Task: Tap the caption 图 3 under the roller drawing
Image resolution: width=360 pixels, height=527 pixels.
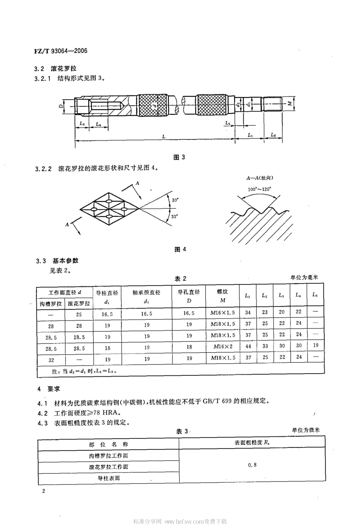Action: pyautogui.click(x=179, y=157)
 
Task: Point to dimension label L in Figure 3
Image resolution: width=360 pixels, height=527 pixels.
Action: pyautogui.click(x=164, y=136)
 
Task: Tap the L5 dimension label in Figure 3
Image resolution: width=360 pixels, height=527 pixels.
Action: pyautogui.click(x=227, y=123)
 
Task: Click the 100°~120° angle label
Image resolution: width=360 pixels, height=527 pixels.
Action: pyautogui.click(x=259, y=189)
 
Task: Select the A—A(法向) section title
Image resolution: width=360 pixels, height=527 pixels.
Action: pyautogui.click(x=260, y=178)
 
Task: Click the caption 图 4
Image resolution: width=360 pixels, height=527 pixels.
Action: pyautogui.click(x=180, y=249)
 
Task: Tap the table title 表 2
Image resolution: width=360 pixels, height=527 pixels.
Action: pyautogui.click(x=180, y=278)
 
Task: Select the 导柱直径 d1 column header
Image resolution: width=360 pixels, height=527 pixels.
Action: pyautogui.click(x=107, y=297)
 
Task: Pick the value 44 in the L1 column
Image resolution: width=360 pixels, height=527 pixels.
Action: pyautogui.click(x=248, y=346)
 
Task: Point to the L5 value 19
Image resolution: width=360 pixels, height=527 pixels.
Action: pyautogui.click(x=316, y=346)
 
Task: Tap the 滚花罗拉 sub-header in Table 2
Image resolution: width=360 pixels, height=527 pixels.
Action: pyautogui.click(x=79, y=303)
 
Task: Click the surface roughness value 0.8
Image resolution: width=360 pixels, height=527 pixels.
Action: pyautogui.click(x=252, y=465)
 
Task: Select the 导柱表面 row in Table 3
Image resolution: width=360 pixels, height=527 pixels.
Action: pyautogui.click(x=109, y=478)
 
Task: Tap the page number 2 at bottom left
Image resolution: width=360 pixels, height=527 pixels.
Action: pyautogui.click(x=44, y=491)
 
